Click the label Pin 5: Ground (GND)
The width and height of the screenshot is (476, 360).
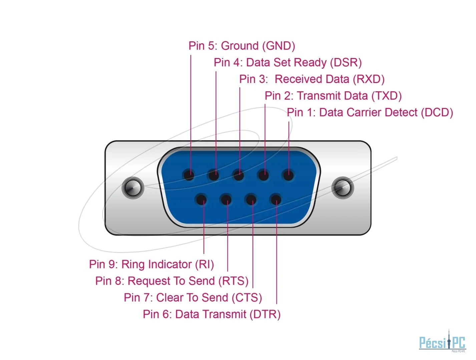242,46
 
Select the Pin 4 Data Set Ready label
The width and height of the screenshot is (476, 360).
288,62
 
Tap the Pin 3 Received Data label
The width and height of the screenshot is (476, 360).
312,79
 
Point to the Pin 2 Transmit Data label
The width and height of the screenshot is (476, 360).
333,96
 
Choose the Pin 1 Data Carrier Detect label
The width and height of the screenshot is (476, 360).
370,112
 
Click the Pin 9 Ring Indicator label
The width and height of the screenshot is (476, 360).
151,264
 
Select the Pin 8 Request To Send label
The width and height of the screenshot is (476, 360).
172,281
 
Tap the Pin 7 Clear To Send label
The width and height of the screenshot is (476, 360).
193,297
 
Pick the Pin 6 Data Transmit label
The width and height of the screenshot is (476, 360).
211,314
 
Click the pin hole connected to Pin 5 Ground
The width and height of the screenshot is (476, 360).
189,175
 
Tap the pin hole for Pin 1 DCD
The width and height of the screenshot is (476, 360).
288,175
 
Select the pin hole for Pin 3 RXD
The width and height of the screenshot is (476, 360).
239,175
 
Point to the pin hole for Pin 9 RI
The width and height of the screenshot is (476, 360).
201,199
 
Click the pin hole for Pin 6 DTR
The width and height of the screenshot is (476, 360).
276,199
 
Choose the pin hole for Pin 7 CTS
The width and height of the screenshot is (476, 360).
251,199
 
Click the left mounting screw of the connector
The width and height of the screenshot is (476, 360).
133,188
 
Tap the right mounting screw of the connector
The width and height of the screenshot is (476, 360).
343,188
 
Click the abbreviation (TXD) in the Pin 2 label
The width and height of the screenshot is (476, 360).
387,96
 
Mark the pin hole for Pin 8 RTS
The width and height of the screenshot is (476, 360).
226,199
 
